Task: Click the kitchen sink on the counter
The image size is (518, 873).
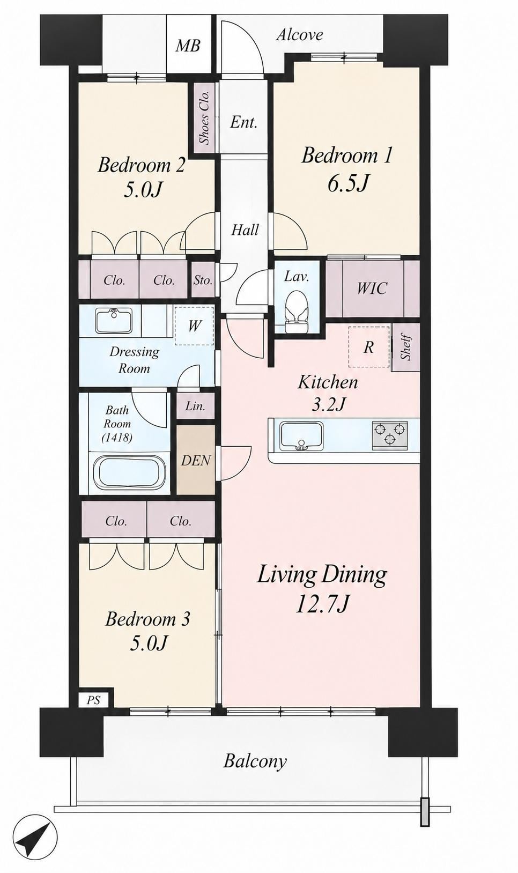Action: pyautogui.click(x=300, y=436)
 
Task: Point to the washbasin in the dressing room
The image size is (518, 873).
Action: pyautogui.click(x=113, y=320)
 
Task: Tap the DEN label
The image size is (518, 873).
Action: pyautogui.click(x=196, y=461)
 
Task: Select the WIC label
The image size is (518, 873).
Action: pyautogui.click(x=372, y=288)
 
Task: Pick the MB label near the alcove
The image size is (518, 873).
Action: pyautogui.click(x=188, y=46)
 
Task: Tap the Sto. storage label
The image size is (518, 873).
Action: pyautogui.click(x=203, y=280)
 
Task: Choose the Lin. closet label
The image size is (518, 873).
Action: pyautogui.click(x=195, y=406)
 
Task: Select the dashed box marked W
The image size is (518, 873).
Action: pyautogui.click(x=194, y=326)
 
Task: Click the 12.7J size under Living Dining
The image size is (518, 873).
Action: pyautogui.click(x=321, y=604)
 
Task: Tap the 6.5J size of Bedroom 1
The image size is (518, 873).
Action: pyautogui.click(x=347, y=182)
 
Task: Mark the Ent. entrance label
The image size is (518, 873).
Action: pyautogui.click(x=243, y=123)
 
